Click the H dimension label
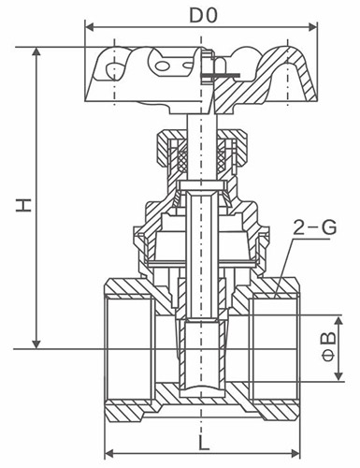[24, 205]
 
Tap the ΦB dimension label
[329, 346]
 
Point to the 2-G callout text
[315, 227]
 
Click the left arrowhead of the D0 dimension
[90, 27]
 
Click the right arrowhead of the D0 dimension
[313, 27]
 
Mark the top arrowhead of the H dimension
[36, 52]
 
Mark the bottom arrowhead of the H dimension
[36, 344]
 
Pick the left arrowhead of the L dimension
[108, 453]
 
